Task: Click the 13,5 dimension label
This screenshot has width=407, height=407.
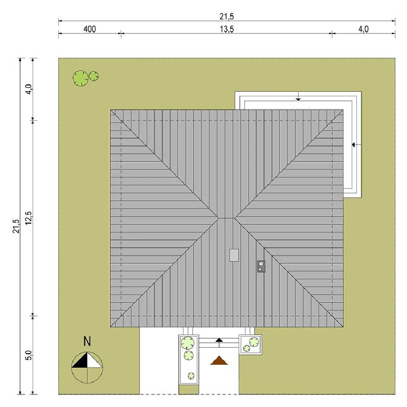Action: [x=227, y=29]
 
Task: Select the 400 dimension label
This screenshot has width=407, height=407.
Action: [x=90, y=29]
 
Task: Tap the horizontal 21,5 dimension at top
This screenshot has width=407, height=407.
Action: [x=227, y=17]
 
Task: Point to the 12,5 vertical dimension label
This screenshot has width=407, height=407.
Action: [x=28, y=218]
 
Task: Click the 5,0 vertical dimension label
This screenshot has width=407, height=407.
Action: [x=28, y=355]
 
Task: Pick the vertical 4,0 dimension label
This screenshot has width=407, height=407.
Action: [x=28, y=89]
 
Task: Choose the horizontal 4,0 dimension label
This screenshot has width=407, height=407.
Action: [x=364, y=29]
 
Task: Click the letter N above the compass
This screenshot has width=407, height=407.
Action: [x=87, y=341]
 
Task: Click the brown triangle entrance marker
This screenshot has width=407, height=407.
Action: [x=219, y=361]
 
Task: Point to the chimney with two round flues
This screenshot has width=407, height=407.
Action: [x=261, y=266]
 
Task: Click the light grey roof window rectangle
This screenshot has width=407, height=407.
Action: [x=234, y=255]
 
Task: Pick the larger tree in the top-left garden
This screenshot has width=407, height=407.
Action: [x=80, y=78]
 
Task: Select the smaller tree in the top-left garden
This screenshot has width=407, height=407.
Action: [x=94, y=76]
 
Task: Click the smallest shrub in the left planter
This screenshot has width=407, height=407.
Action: [x=191, y=376]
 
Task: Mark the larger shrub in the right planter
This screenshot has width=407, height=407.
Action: [x=254, y=342]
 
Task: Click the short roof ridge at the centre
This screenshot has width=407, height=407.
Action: [x=226, y=218]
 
